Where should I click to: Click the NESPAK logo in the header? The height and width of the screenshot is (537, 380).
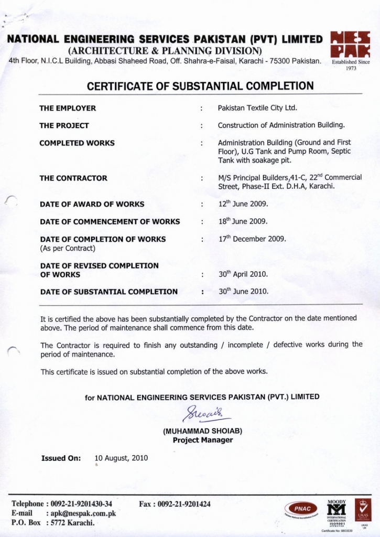coord(351,45)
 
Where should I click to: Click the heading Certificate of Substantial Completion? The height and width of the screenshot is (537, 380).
coord(200,86)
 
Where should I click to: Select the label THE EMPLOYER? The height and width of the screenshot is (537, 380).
coord(68,109)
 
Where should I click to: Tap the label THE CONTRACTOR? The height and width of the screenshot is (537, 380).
coord(73,178)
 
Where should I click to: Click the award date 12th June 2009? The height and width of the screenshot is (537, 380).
coord(243,204)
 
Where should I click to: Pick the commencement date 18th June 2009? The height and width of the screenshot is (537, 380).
coord(243,221)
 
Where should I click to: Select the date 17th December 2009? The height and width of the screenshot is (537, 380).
coord(252,239)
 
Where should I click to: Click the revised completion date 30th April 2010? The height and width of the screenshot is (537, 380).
coord(243,274)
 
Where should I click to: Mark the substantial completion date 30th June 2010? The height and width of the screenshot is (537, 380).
coord(243,291)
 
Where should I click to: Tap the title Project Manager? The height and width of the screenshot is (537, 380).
coord(203,440)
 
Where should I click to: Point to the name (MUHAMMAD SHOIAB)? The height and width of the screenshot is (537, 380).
coord(203,432)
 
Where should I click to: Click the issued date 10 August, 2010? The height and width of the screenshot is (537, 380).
coord(121,458)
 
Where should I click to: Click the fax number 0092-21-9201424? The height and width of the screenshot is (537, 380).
coord(175,504)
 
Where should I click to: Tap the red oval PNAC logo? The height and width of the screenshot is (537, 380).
coord(302,509)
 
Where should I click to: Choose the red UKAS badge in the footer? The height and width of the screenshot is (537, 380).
coord(363,509)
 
